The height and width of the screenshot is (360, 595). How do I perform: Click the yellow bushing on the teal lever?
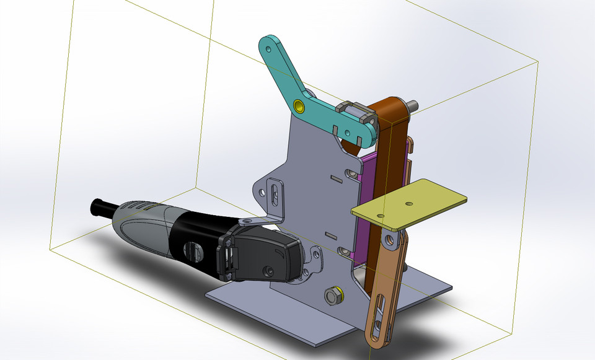click(x=300, y=106)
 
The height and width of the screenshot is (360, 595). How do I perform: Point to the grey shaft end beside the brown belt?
click(x=413, y=105)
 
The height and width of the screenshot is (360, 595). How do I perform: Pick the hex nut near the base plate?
click(x=334, y=296)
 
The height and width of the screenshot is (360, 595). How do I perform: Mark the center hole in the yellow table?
click(x=408, y=203)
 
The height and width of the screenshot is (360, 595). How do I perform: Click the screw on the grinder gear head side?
click(x=268, y=271)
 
